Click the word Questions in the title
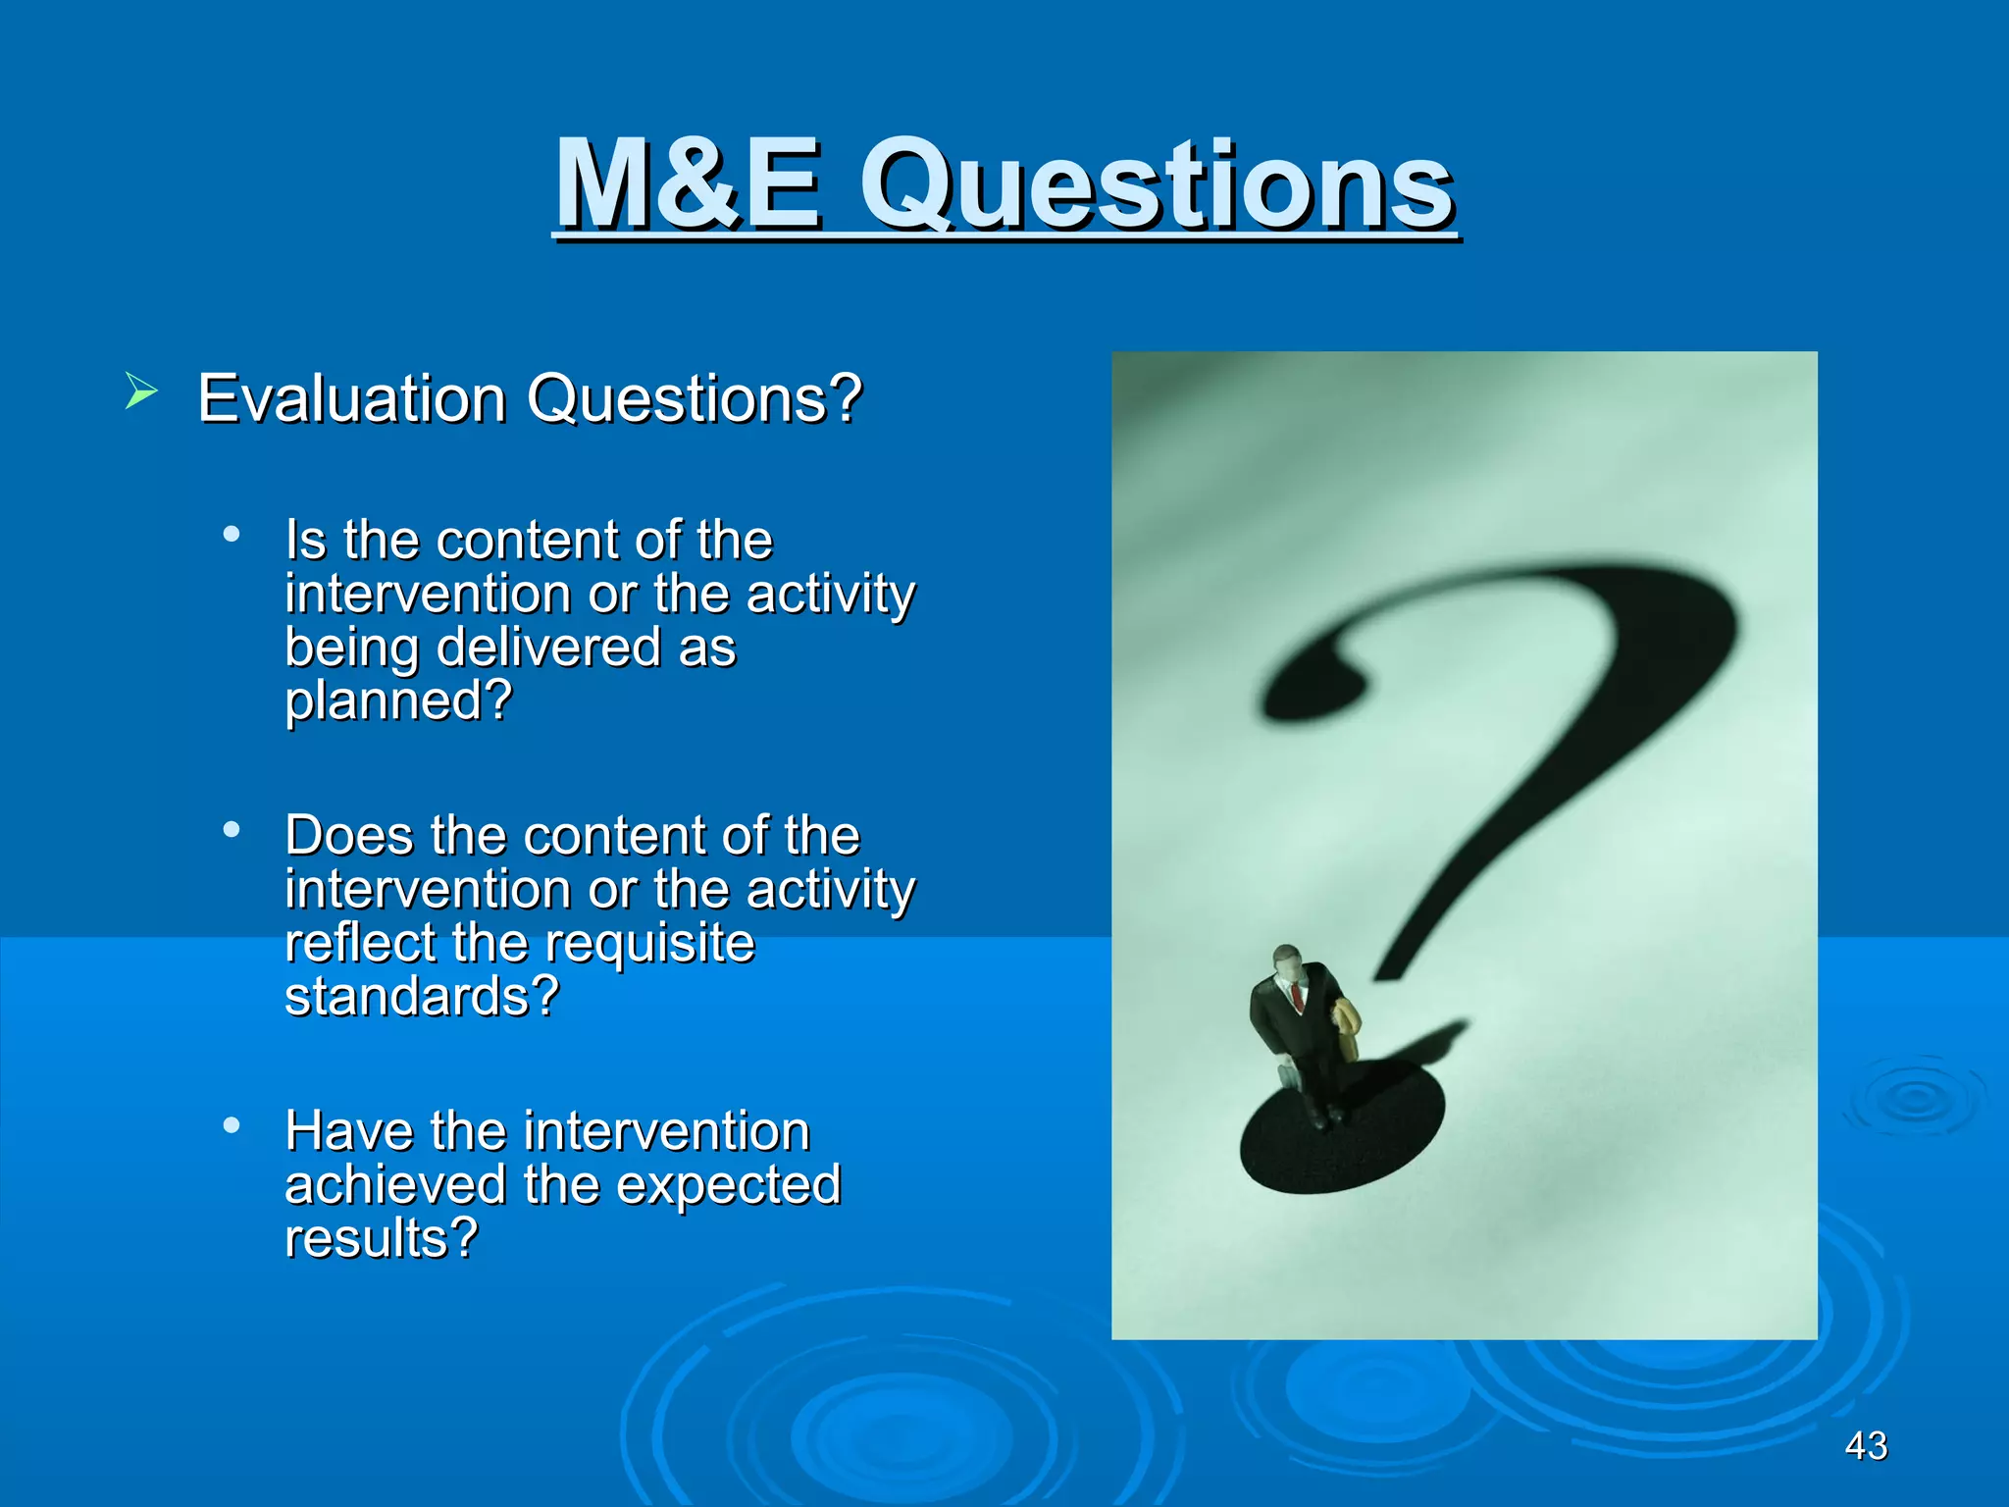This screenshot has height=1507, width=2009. click(x=1158, y=186)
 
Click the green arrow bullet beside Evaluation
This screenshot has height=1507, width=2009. click(x=141, y=392)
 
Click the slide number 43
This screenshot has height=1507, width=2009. click(x=1866, y=1445)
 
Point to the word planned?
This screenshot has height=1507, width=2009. click(x=398, y=702)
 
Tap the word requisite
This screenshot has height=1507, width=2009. click(x=649, y=943)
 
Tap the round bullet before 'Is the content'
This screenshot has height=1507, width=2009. click(x=232, y=535)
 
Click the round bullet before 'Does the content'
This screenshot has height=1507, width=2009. click(x=232, y=830)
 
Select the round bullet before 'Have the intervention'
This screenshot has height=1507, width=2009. click(x=232, y=1125)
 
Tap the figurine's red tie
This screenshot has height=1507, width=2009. click(x=1297, y=998)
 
